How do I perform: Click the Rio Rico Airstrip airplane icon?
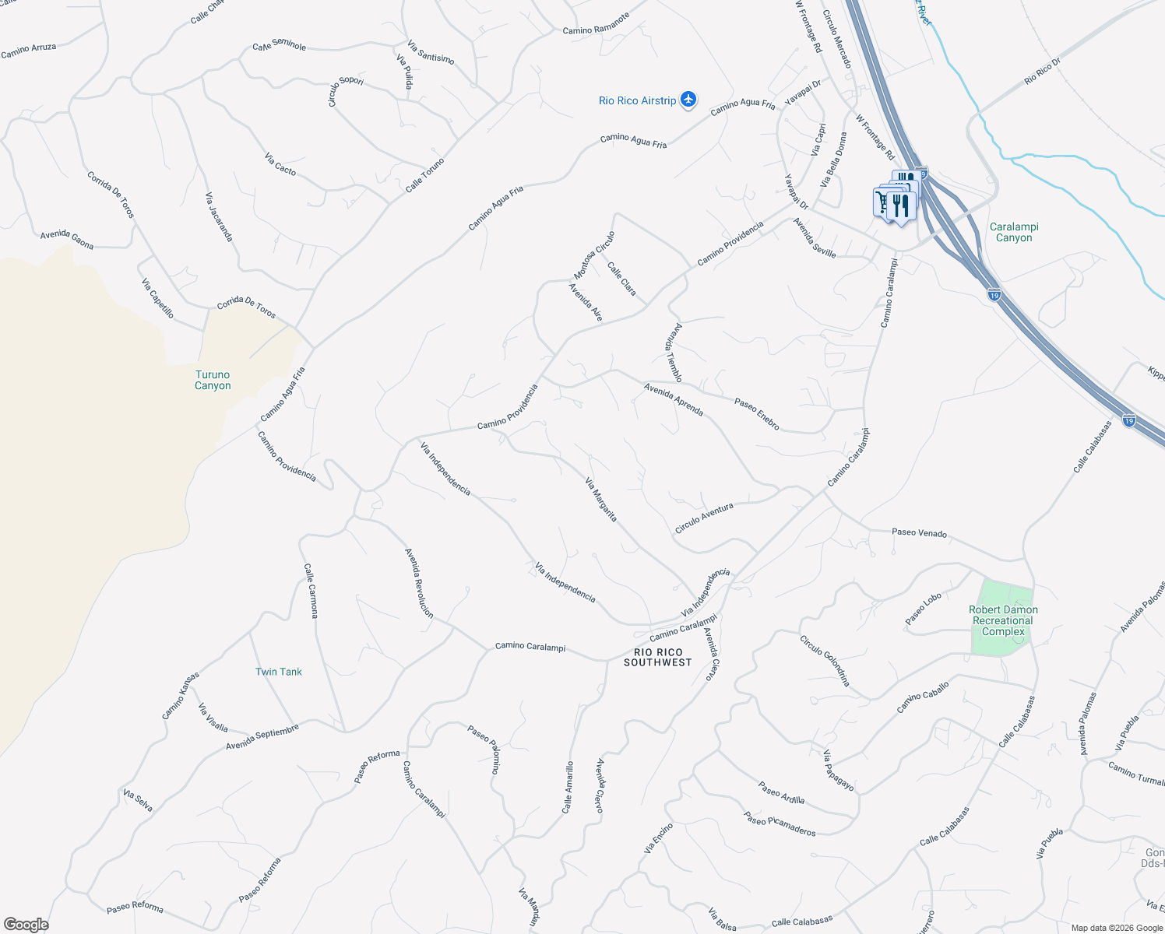coord(688,100)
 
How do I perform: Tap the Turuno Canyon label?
coord(213,380)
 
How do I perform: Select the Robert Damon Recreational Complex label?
coord(1003,620)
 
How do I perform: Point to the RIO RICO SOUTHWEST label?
coord(657,657)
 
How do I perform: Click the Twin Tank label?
coord(278,672)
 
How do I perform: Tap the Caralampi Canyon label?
coord(1014,232)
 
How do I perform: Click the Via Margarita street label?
coord(601,500)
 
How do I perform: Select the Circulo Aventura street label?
coord(704,518)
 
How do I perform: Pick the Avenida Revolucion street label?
coord(419,583)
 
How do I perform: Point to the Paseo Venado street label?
coord(919,533)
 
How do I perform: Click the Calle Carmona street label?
coord(311,591)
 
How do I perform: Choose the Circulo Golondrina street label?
coord(825,661)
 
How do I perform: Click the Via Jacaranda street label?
coord(219,216)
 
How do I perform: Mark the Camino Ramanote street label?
coord(596,24)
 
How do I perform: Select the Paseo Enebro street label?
coord(757,414)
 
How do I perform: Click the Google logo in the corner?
coord(26,925)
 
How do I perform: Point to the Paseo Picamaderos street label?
coord(780,823)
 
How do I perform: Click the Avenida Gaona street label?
coord(67,240)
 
